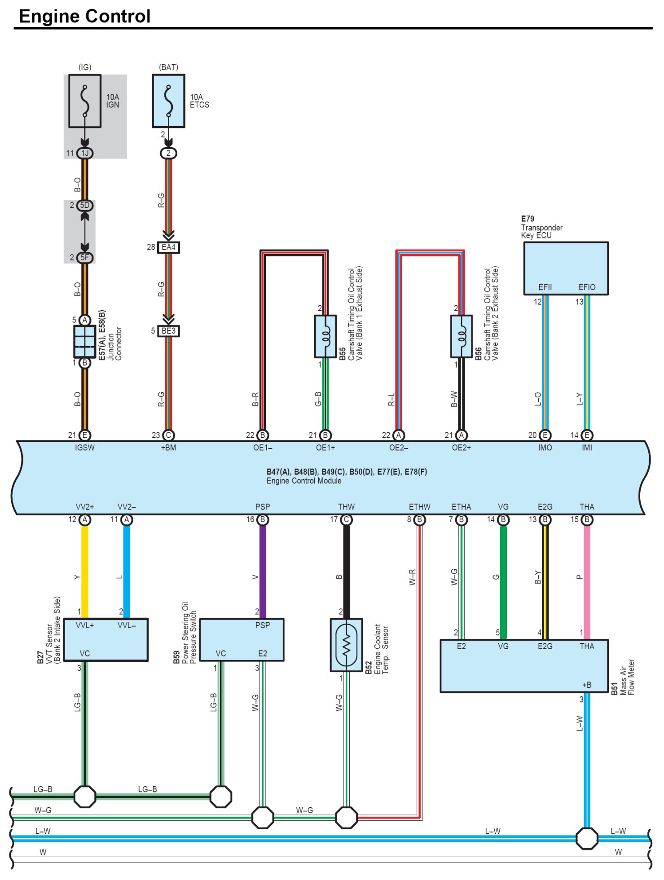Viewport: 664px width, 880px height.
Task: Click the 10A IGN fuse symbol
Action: point(84,101)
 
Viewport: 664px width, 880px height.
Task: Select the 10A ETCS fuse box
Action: point(168,101)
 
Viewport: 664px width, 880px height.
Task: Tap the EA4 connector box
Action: point(168,247)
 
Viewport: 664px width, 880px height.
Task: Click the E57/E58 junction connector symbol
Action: point(84,342)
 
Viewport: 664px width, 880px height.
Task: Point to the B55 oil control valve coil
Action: point(325,336)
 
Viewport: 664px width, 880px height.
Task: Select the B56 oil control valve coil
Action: point(462,336)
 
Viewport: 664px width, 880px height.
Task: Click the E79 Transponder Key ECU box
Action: point(566,268)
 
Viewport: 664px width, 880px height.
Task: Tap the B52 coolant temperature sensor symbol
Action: point(346,645)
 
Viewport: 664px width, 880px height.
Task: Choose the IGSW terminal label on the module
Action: point(84,448)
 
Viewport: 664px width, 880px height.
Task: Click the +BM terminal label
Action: point(168,448)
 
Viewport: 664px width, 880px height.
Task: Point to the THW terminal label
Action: point(346,507)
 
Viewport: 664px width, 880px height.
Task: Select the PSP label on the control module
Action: point(263,507)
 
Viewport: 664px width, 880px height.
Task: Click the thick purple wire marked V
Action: point(263,572)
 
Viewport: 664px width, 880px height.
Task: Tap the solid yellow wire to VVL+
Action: point(84,572)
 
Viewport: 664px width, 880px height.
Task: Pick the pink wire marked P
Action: point(587,582)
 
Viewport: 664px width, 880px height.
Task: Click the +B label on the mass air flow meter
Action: point(587,685)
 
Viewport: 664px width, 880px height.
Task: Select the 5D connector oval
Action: point(84,206)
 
